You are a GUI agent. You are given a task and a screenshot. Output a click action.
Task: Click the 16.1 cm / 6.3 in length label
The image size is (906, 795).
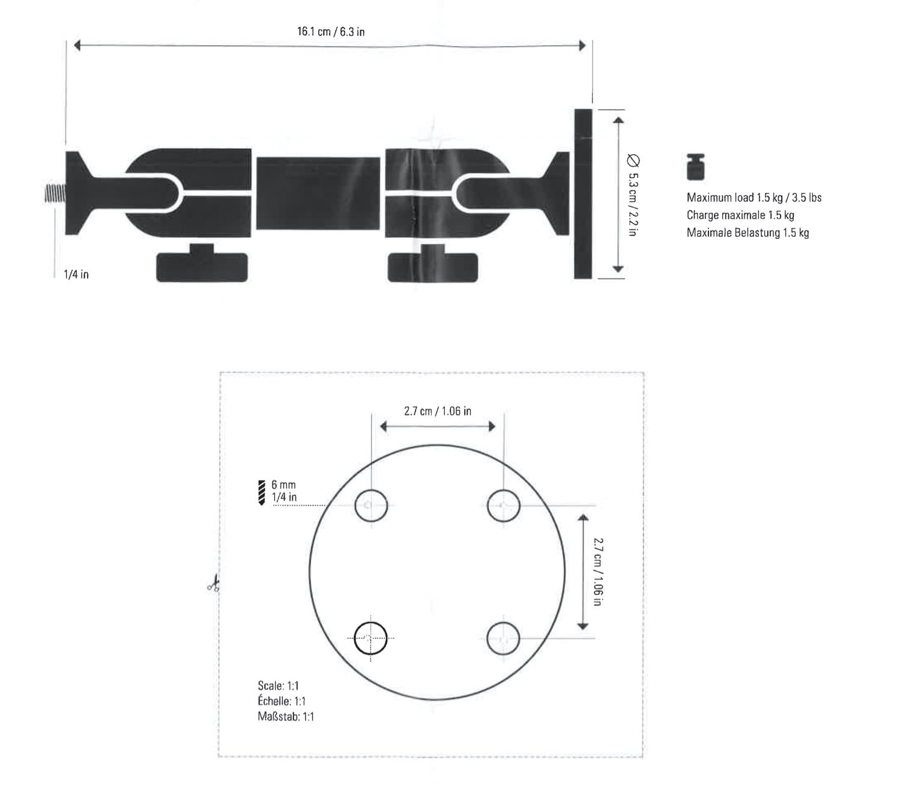point(331,32)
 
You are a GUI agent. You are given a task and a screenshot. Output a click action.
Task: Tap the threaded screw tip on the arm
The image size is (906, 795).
point(55,194)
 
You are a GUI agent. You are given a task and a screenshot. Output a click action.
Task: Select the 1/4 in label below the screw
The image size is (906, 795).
point(76,274)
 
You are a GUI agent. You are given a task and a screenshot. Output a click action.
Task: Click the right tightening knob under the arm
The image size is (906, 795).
point(432,263)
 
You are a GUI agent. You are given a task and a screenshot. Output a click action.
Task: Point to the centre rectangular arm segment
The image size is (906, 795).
point(318,193)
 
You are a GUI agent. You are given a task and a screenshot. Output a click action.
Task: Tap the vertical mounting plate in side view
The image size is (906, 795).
point(583,194)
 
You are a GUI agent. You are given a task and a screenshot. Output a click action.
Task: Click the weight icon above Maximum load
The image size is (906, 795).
point(695,167)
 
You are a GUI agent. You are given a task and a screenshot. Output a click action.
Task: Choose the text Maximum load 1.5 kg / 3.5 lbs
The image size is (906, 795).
point(754,198)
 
